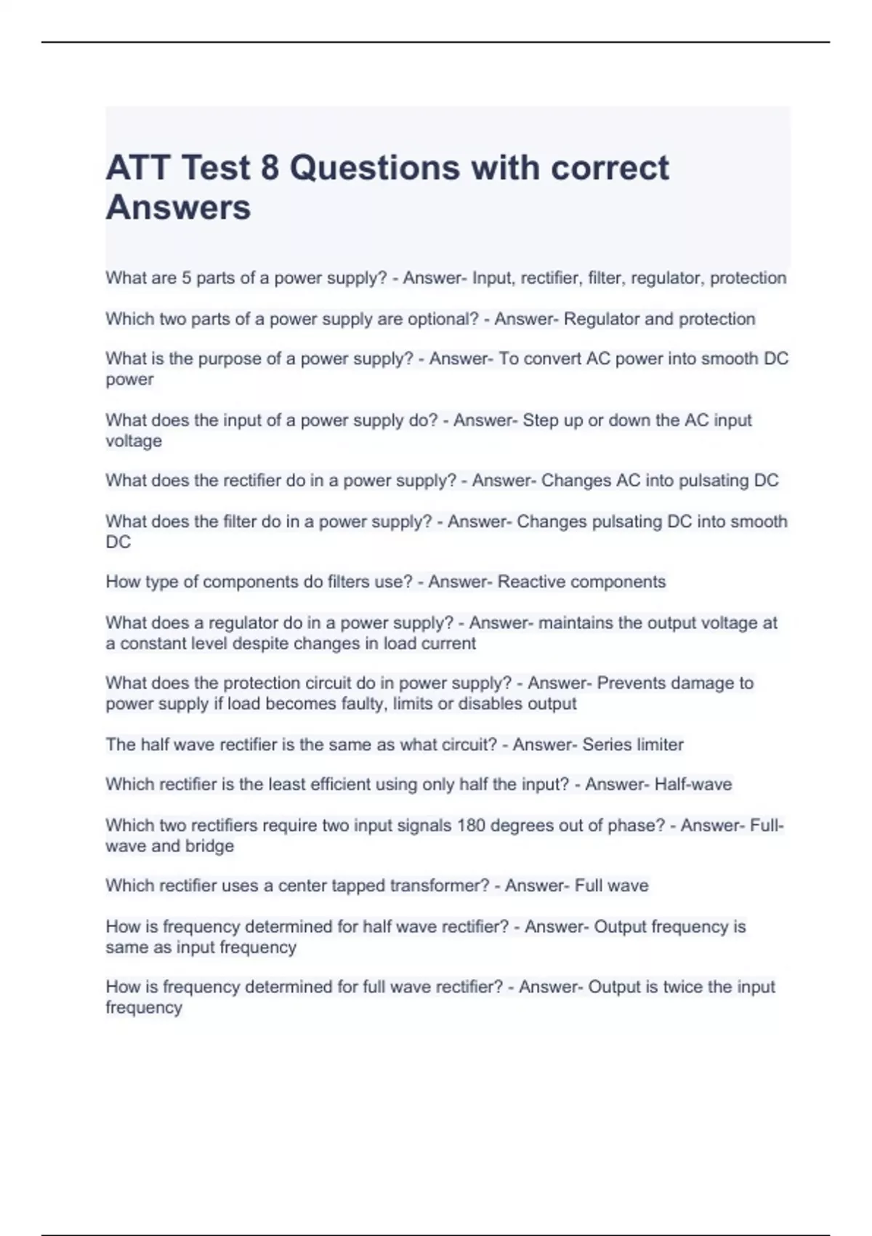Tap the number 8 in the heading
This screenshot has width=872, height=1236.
click(269, 168)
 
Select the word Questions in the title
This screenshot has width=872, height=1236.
click(375, 168)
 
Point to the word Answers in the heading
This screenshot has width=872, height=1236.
click(178, 207)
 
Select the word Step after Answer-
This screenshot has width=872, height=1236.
click(540, 420)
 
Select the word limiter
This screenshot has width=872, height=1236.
click(659, 745)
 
